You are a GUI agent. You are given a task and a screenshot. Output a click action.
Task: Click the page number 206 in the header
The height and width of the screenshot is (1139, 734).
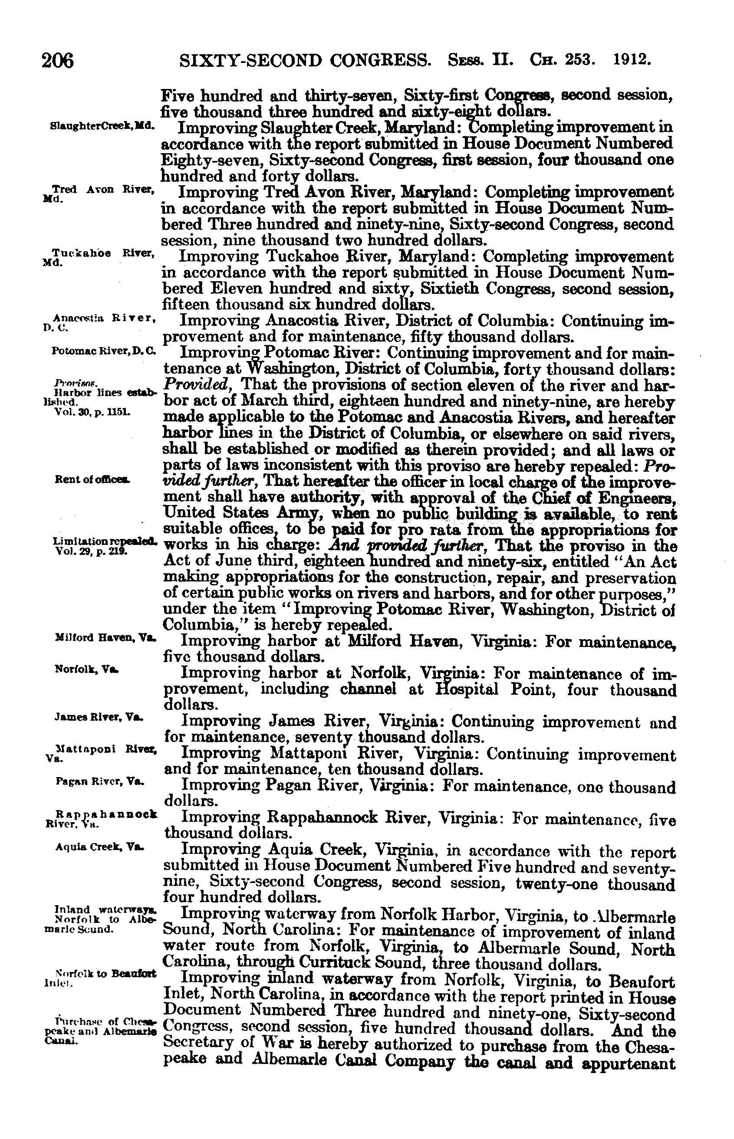pos(57,62)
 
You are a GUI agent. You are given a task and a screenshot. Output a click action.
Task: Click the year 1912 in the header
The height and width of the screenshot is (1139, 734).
pos(632,60)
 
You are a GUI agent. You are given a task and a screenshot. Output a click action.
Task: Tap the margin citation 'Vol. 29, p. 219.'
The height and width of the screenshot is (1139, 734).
pos(92,550)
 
